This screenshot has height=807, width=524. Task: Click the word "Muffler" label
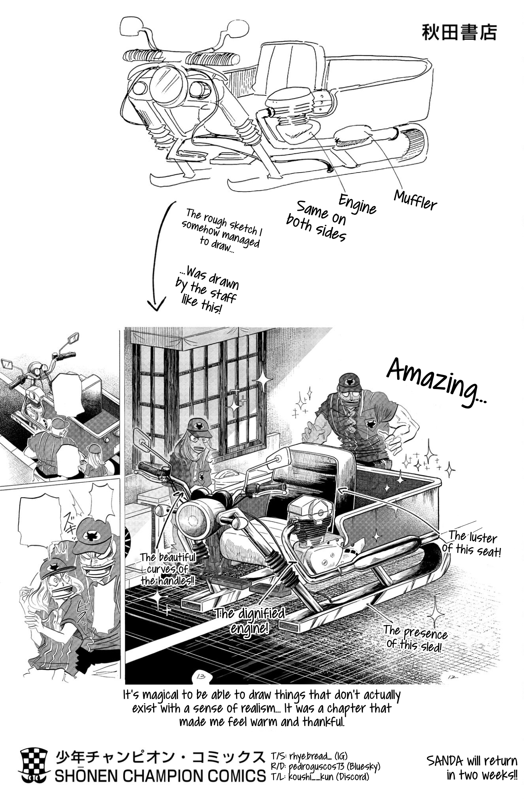point(415,200)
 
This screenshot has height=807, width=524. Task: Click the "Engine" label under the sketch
point(357,204)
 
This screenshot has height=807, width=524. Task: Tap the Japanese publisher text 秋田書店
point(459,33)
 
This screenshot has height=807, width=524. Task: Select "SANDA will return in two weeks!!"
point(472,767)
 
